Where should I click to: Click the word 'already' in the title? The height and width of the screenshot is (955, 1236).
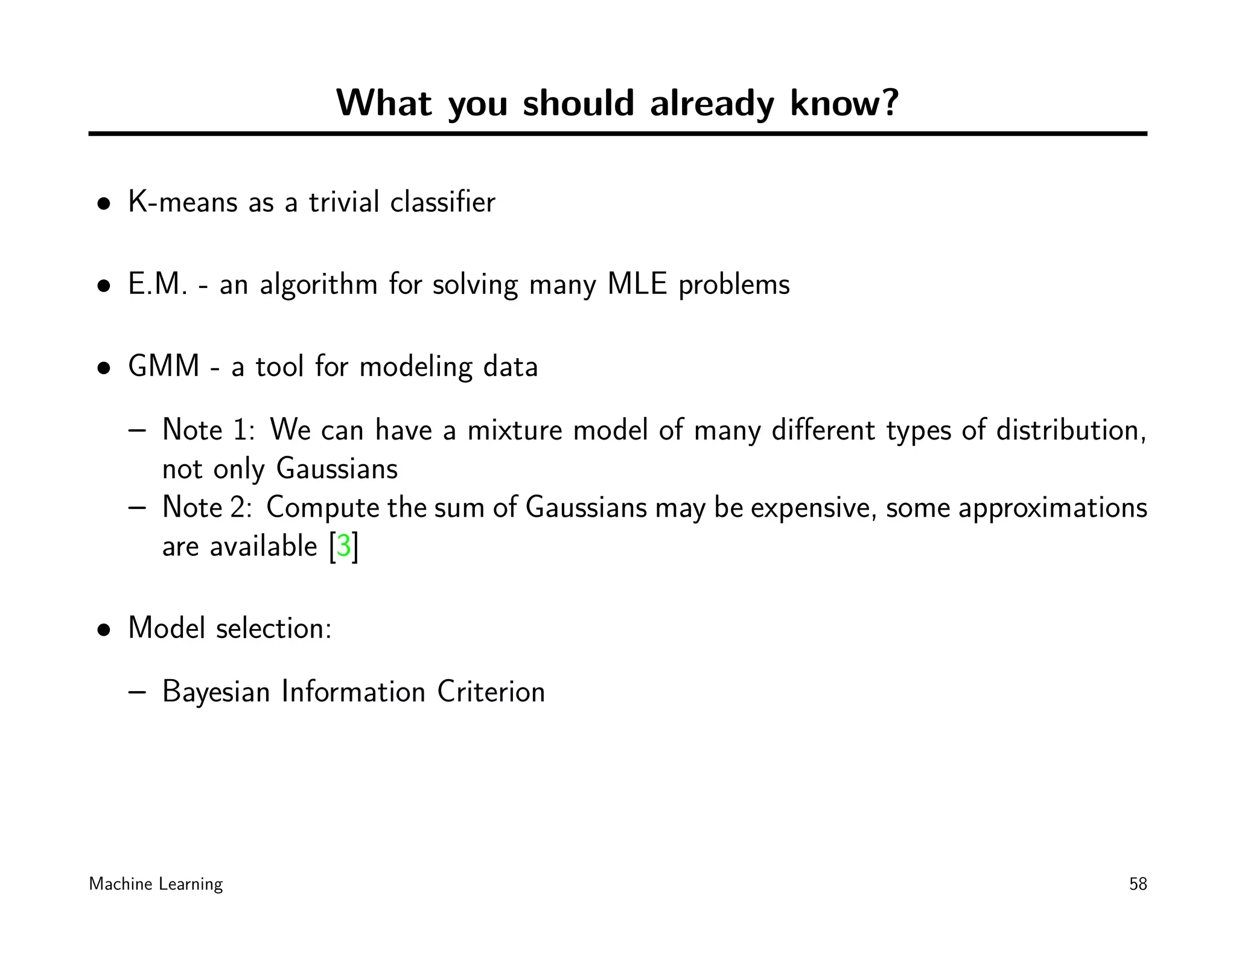click(712, 104)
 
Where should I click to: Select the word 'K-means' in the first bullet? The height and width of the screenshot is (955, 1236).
click(183, 202)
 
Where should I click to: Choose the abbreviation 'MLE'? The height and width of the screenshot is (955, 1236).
click(637, 284)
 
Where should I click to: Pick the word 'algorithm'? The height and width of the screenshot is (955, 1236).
click(319, 286)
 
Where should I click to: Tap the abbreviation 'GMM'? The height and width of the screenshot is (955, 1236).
click(164, 366)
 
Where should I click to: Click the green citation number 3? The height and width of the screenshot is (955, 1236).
click(343, 546)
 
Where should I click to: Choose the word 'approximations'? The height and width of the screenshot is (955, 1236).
click(1053, 508)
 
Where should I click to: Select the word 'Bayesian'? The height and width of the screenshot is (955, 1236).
click(216, 692)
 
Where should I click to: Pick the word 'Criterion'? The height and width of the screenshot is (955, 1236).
click(491, 692)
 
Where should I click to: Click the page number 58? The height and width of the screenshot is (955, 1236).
click(1138, 884)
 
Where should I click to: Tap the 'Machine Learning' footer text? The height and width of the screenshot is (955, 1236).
click(156, 884)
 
